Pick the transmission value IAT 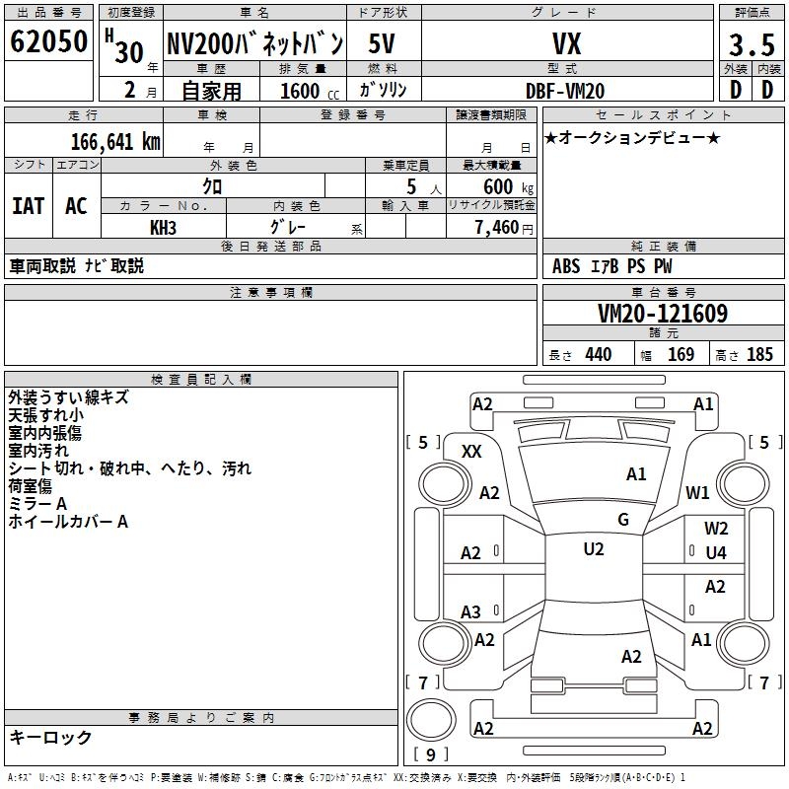coord(28,206)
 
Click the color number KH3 coord(163,227)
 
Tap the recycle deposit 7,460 coord(496,227)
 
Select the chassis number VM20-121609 coord(663,315)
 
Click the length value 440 coord(598,355)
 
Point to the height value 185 coord(759,355)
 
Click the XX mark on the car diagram coord(472,451)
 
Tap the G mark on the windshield coord(623,520)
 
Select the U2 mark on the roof coord(594,549)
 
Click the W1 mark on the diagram coord(698,492)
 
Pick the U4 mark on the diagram coord(716,553)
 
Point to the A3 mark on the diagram coord(471,612)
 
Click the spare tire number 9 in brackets coord(431,755)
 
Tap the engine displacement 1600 coord(299,91)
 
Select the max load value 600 coord(498,186)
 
